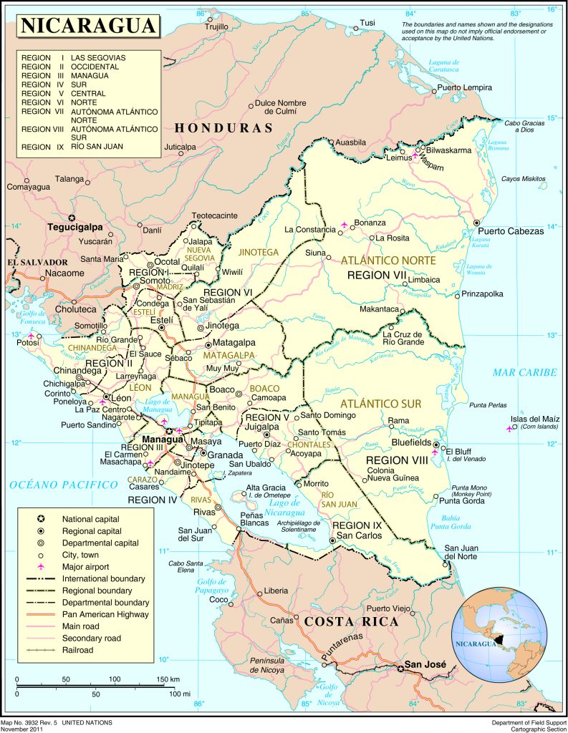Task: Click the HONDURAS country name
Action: pyautogui.click(x=224, y=128)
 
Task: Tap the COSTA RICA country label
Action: pyautogui.click(x=351, y=621)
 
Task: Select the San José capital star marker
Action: pyautogui.click(x=400, y=669)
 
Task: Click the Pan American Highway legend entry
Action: pyautogui.click(x=105, y=614)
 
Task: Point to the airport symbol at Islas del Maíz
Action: pyautogui.click(x=509, y=429)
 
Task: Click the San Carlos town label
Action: pyautogui.click(x=355, y=535)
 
